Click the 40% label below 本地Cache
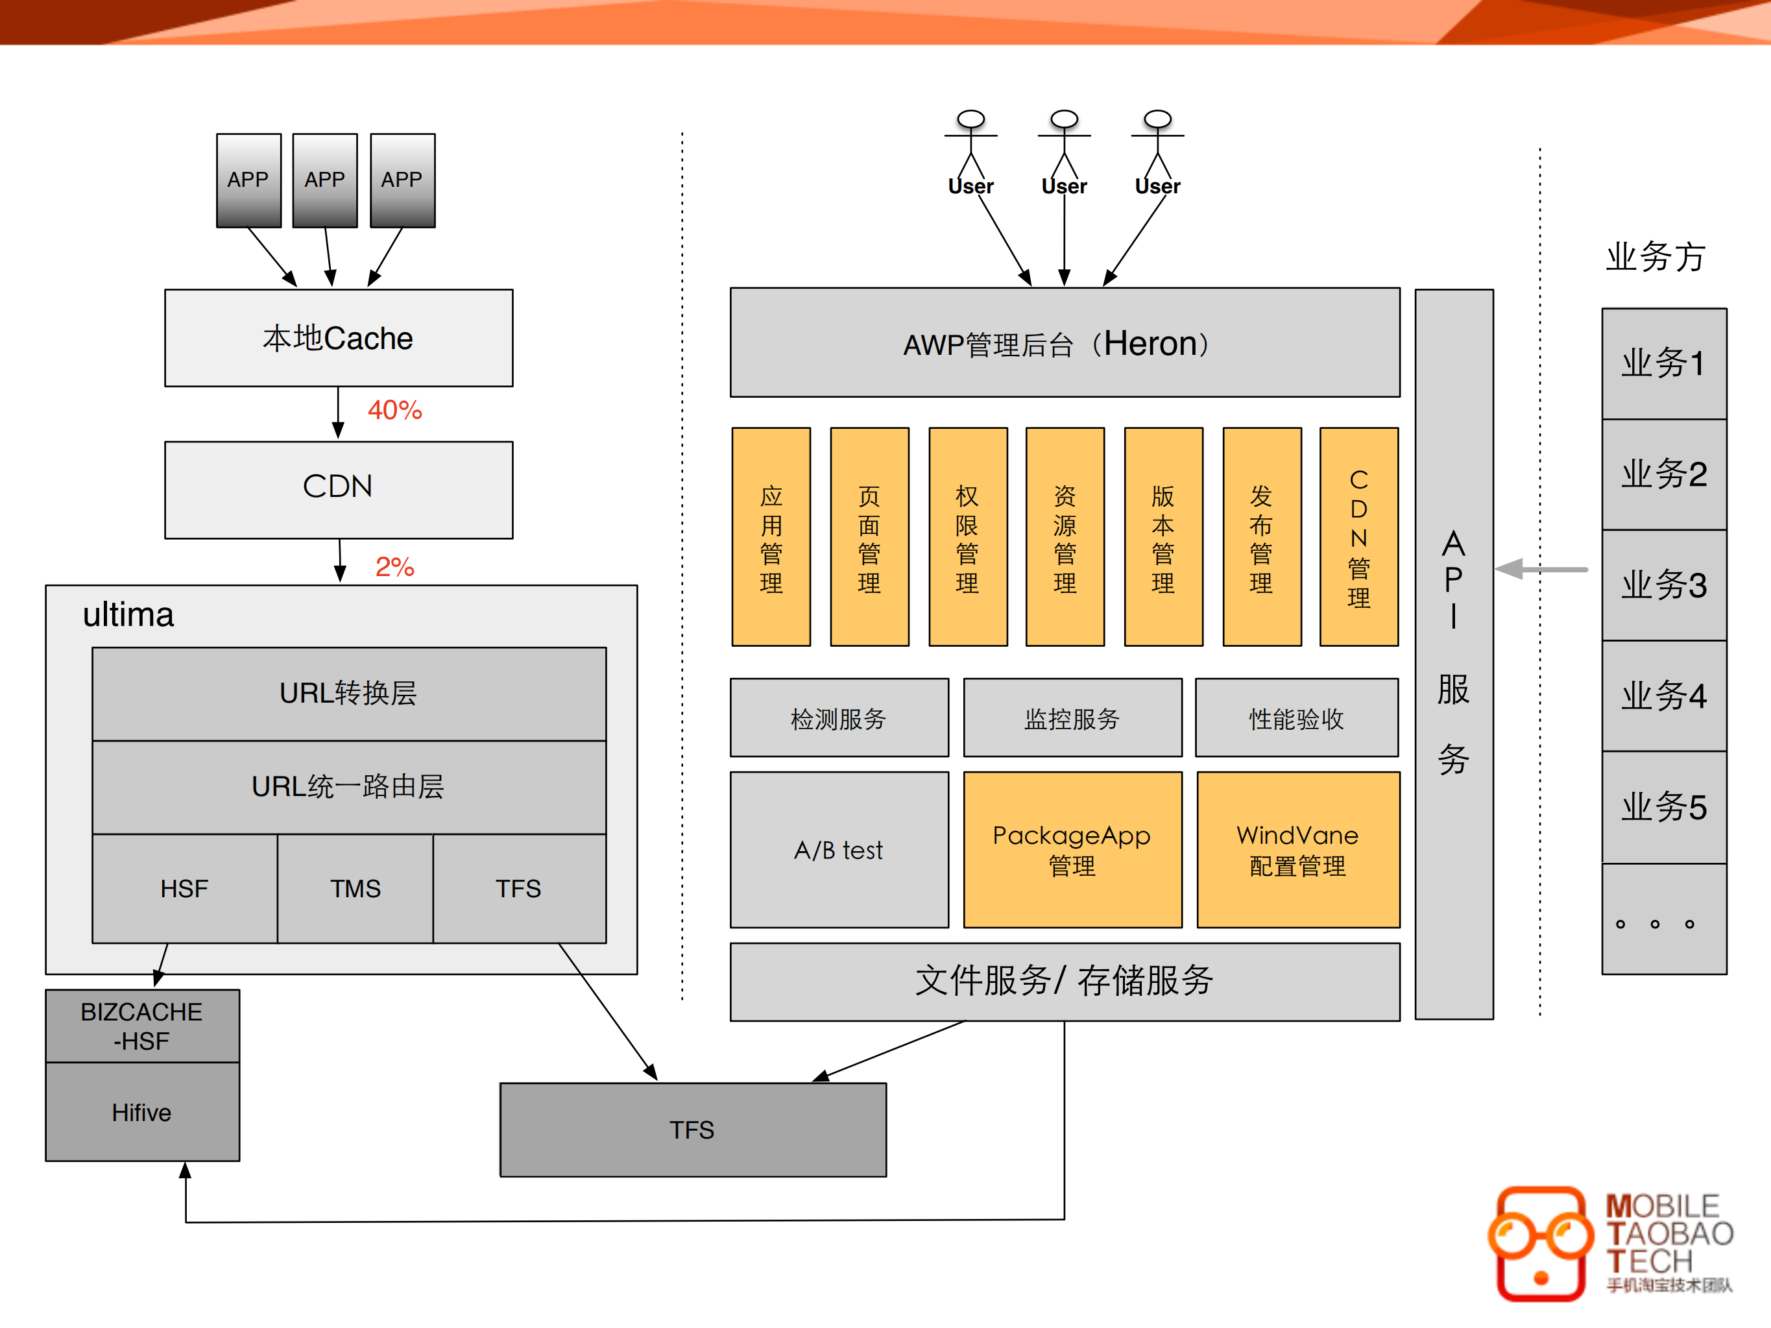click(x=394, y=410)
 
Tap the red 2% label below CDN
click(x=394, y=567)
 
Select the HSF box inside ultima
click(x=184, y=889)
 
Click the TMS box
click(x=355, y=889)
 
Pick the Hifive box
click(x=141, y=1113)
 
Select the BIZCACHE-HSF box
click(x=141, y=1026)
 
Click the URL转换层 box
click(x=348, y=694)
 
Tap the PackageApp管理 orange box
click(x=1072, y=850)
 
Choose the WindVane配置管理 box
click(x=1298, y=850)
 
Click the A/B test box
click(x=839, y=850)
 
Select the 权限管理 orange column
click(x=967, y=537)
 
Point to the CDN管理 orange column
click(x=1358, y=537)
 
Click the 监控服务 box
click(x=1072, y=718)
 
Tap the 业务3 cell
click(x=1664, y=585)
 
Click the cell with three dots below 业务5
click(x=1664, y=920)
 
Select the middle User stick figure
click(x=1064, y=148)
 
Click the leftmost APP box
click(x=248, y=180)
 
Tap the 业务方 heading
click(x=1655, y=257)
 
